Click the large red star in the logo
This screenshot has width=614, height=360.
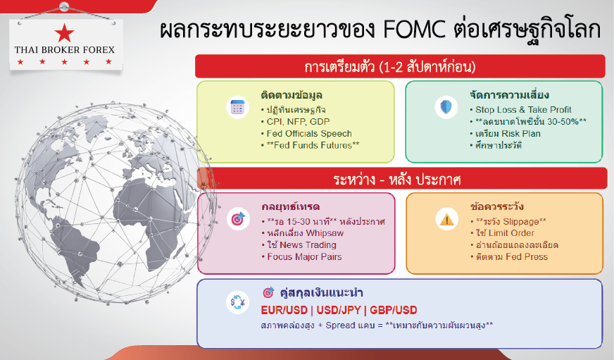click(x=65, y=33)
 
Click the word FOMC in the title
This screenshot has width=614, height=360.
click(x=414, y=30)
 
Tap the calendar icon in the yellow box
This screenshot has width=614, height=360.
click(x=238, y=107)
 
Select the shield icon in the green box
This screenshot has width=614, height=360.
click(x=446, y=107)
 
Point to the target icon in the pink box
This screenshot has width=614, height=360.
click(x=238, y=218)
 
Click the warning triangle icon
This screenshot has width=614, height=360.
click(x=447, y=218)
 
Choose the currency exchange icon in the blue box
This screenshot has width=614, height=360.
click(x=238, y=302)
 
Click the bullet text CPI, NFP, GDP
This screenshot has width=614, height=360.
click(x=295, y=122)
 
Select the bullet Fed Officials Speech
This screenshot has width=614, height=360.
click(x=306, y=134)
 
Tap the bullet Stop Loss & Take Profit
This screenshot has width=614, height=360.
click(x=520, y=110)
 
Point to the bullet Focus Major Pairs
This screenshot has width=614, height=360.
click(x=301, y=257)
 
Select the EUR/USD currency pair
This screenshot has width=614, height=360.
click(x=284, y=310)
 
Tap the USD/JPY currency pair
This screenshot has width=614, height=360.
click(x=338, y=310)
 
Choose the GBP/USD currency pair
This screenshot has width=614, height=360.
click(x=393, y=310)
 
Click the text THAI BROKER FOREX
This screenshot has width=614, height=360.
click(x=65, y=50)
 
